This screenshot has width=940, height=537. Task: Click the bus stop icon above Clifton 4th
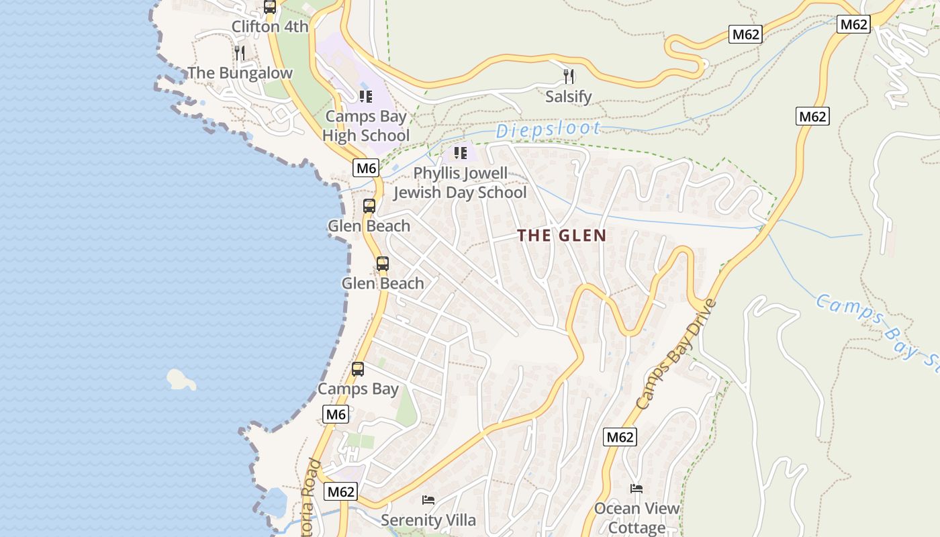[269, 7]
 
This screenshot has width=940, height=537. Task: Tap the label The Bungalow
[240, 72]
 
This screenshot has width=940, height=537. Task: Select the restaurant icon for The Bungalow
[240, 53]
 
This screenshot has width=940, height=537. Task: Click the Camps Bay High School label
[365, 126]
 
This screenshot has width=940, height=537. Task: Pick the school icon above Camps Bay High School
[365, 97]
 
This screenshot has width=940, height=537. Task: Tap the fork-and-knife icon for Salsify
[569, 76]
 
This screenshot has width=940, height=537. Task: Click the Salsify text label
[569, 97]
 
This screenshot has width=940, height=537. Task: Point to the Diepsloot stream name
[548, 130]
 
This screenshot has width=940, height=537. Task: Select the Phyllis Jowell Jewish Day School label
[460, 183]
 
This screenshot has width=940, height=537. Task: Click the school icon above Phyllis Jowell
[460, 153]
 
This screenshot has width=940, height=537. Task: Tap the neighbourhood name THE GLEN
[562, 236]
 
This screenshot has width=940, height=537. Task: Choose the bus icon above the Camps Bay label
[358, 369]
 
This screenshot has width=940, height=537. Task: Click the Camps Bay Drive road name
[676, 354]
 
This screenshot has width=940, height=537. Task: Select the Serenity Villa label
[428, 520]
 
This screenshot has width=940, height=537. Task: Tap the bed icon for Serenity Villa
[428, 500]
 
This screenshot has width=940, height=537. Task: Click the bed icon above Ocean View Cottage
[636, 489]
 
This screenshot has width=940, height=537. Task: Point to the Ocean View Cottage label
[637, 518]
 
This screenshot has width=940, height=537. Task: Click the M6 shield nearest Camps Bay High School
[367, 168]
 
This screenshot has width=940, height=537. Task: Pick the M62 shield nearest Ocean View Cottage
[619, 437]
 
